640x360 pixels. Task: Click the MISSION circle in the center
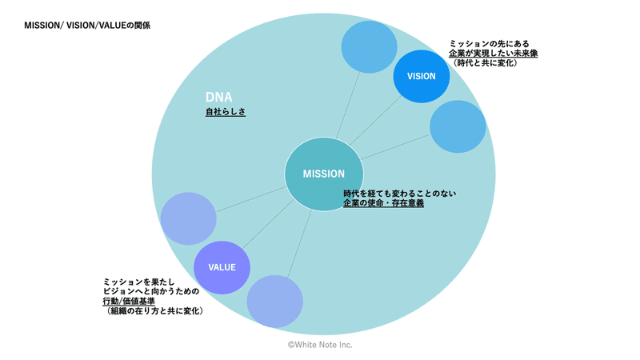point(324,174)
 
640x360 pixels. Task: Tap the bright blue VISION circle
point(422,76)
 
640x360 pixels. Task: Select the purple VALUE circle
point(222,267)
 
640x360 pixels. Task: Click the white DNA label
point(218,97)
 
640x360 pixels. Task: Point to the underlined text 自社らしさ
point(226,111)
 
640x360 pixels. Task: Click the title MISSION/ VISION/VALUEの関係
point(87,26)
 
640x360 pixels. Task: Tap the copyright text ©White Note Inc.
point(320,345)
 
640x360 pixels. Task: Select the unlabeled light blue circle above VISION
point(369,47)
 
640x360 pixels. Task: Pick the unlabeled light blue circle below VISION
point(458,126)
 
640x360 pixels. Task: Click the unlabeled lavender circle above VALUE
point(188,218)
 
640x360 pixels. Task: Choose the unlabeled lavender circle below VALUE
point(274,302)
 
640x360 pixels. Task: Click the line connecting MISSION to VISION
point(376,121)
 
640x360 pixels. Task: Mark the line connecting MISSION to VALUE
point(268,224)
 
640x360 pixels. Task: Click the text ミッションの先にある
point(489,44)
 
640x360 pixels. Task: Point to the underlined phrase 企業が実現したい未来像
point(493,54)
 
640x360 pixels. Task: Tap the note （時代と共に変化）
point(484,63)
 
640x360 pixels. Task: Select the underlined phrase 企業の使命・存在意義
point(383,203)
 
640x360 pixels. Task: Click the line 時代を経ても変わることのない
point(399,193)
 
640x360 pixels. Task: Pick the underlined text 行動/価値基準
point(129,302)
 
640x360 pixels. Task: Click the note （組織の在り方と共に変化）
point(154,311)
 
